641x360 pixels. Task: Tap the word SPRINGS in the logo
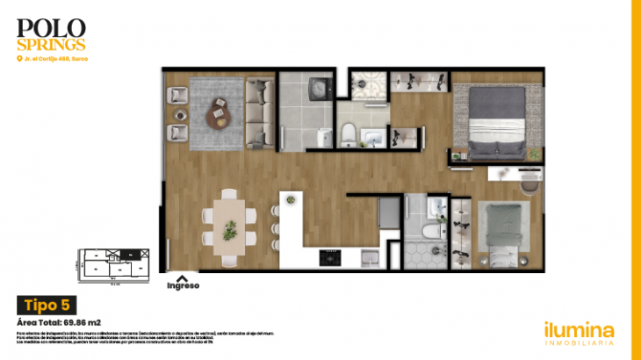tap(51, 43)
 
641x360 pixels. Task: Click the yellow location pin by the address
tap(18, 59)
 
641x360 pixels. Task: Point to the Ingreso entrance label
tap(183, 285)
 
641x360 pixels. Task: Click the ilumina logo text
tap(579, 330)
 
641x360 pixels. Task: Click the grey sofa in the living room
tap(259, 113)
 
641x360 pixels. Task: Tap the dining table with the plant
tap(230, 227)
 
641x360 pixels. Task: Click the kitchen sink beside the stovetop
tap(371, 257)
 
